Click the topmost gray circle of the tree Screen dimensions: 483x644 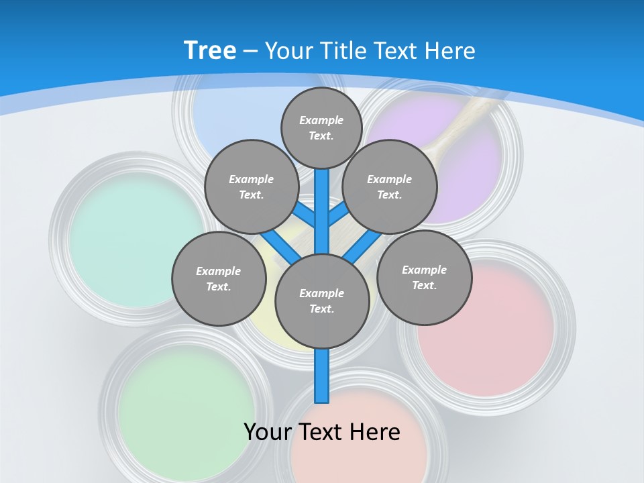coord(321,127)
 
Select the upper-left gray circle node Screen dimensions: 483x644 coord(252,186)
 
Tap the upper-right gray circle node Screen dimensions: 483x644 coord(390,186)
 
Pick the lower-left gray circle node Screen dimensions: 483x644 coord(219,278)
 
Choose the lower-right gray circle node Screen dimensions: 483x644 coord(424,277)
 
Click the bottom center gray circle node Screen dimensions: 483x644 coord(322,301)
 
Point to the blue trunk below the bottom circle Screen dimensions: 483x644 coord(322,376)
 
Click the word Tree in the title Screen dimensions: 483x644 coord(210,51)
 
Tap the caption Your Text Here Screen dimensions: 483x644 coord(322,432)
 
